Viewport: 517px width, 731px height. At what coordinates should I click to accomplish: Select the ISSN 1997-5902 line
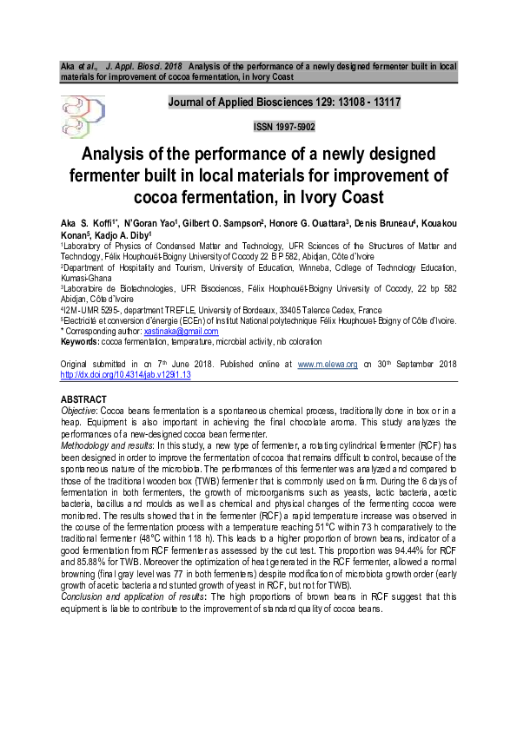pos(283,127)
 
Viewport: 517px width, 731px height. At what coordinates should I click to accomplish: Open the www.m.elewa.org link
pos(328,364)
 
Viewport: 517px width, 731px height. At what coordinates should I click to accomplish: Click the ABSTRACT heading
pos(83,398)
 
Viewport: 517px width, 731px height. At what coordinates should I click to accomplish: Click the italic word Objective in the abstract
pos(78,408)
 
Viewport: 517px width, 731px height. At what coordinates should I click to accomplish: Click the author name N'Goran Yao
pos(151,223)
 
